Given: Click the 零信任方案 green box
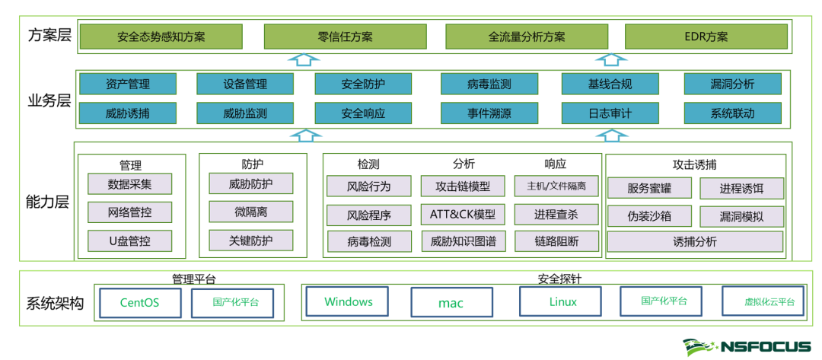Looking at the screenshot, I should [x=345, y=37].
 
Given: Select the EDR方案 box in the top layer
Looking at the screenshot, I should [x=706, y=37].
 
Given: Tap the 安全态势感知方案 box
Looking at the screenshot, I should [x=161, y=37].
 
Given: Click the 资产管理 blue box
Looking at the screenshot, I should [x=128, y=84].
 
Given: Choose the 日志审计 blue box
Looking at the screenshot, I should [x=610, y=113].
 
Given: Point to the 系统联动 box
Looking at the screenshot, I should [x=732, y=113].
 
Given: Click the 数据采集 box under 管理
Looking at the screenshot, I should [x=129, y=183].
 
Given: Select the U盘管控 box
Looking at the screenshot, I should [x=129, y=241].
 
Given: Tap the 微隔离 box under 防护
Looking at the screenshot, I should [x=250, y=212].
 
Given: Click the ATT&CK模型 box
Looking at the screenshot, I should [x=463, y=215].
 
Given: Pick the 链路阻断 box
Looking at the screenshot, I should [x=556, y=241].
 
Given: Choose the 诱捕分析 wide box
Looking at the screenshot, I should [x=695, y=242].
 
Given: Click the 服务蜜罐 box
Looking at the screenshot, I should [x=649, y=188].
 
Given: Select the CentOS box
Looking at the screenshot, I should [x=139, y=302].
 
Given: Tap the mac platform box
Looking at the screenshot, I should [x=451, y=303].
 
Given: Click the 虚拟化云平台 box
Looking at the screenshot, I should [x=762, y=301].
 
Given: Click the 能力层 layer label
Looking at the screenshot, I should [x=48, y=202].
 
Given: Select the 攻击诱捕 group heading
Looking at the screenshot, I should [x=694, y=164].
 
